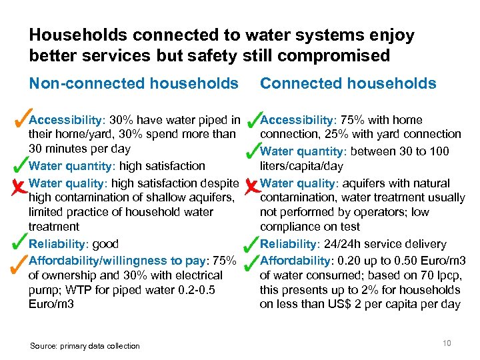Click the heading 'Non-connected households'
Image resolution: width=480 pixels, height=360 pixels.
click(133, 83)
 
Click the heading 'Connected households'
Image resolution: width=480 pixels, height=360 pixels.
click(348, 83)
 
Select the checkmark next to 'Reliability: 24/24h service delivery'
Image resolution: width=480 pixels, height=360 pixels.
click(252, 241)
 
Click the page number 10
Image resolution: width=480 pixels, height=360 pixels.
click(447, 343)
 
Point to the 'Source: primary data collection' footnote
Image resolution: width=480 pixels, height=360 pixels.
click(85, 345)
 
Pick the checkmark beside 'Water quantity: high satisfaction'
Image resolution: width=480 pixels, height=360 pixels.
click(21, 163)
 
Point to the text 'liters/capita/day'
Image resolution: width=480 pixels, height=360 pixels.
click(301, 166)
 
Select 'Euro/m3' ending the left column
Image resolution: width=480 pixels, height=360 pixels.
click(51, 304)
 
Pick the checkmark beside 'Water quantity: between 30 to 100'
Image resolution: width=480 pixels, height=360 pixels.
click(252, 151)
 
